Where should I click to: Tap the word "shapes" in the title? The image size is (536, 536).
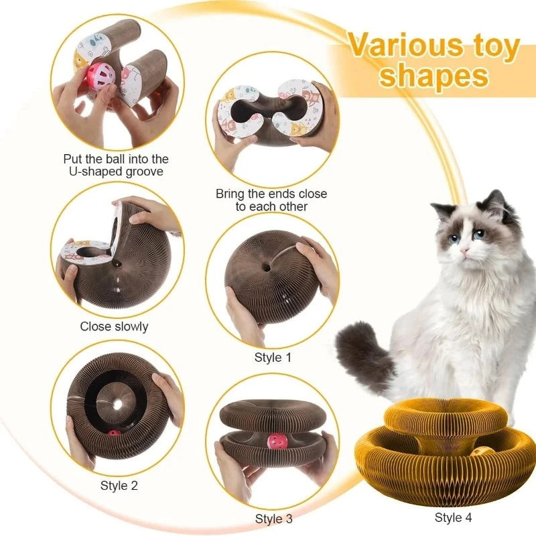[x=433, y=77]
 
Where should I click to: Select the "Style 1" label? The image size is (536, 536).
[x=273, y=358]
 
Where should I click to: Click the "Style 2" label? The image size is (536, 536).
[x=119, y=485]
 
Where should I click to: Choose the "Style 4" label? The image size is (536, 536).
[x=453, y=517]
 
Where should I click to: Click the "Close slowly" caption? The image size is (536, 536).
[x=114, y=327]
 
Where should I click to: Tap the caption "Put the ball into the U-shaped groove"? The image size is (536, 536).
[x=116, y=165]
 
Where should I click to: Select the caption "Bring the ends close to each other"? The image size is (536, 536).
[x=271, y=200]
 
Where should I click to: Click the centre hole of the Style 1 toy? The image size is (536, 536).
[x=267, y=267]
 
